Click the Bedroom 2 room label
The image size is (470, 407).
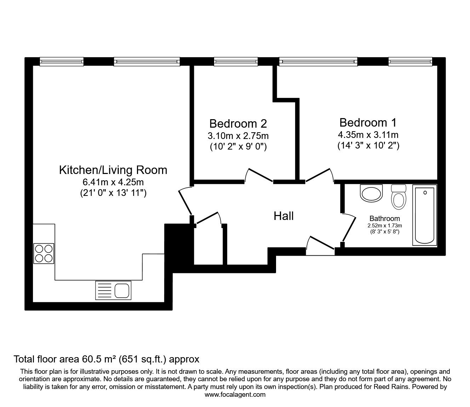tap(238, 124)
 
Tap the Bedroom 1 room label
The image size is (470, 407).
tap(368, 123)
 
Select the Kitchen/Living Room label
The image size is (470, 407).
tap(113, 170)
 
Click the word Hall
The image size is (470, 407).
tap(283, 216)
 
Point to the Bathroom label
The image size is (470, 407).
tap(384, 219)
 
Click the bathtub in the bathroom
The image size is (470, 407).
tap(424, 216)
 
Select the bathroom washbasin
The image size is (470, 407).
tap(371, 193)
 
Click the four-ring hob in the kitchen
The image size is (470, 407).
tap(44, 254)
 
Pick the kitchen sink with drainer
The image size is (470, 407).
tap(113, 290)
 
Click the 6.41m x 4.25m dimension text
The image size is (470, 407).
tap(113, 182)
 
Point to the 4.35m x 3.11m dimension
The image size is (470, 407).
tap(368, 135)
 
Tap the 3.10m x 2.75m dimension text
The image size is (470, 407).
tap(238, 136)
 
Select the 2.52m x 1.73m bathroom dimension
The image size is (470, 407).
tap(384, 225)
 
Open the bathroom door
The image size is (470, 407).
tap(349, 227)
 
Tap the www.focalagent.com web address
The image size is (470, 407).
tap(235, 395)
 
